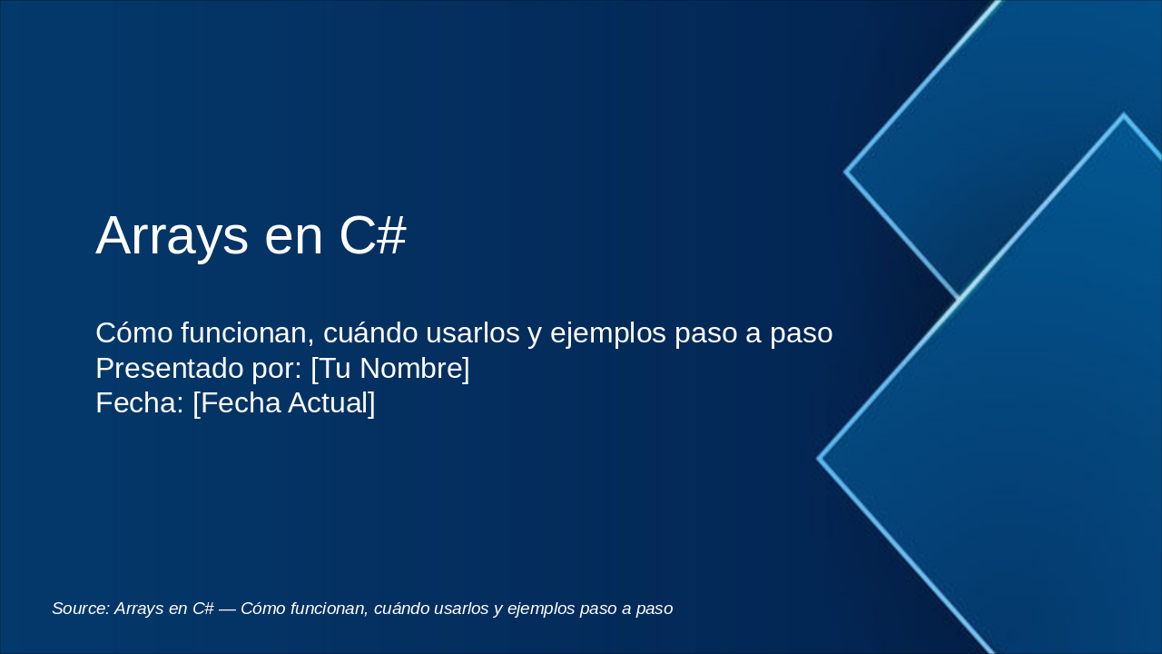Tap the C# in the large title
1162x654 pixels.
coord(372,236)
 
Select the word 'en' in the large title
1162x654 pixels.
coord(293,238)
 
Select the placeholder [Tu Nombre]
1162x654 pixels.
coord(390,369)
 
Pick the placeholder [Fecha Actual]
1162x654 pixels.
coord(284,403)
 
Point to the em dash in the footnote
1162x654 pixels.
coord(227,609)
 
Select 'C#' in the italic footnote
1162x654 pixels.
coord(202,609)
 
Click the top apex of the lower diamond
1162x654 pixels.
coord(1123,115)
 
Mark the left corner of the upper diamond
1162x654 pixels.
coord(846,171)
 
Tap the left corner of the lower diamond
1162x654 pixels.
coord(819,459)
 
